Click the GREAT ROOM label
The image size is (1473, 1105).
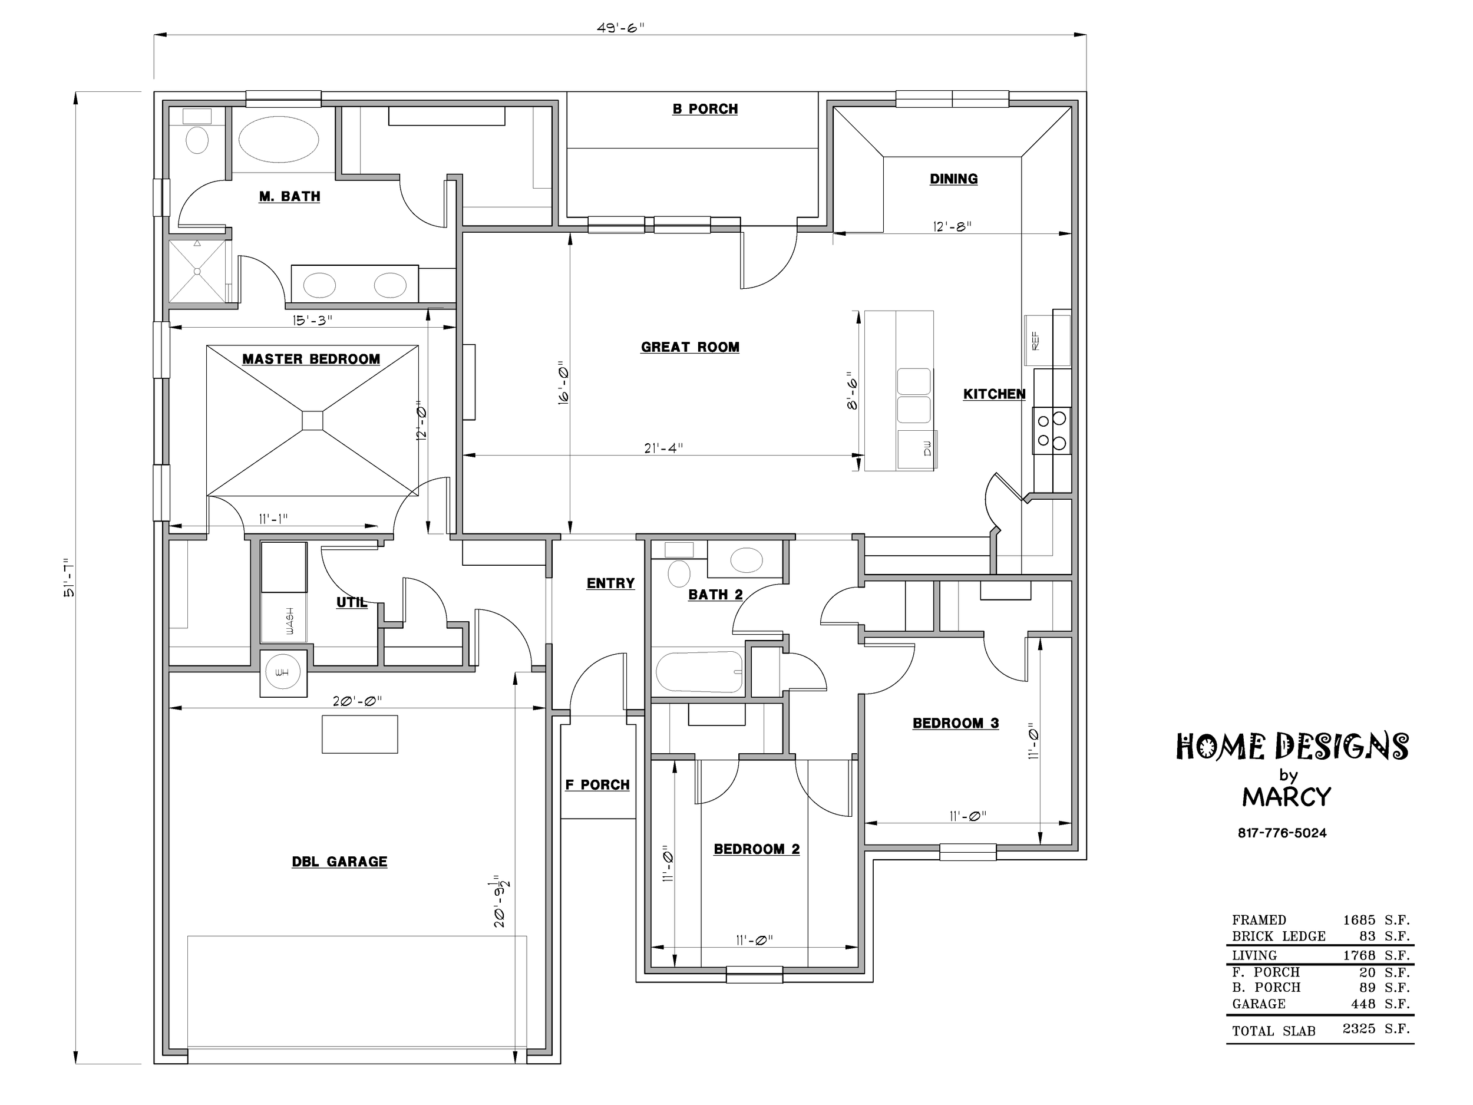tap(690, 347)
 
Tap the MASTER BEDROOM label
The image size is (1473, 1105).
tap(311, 359)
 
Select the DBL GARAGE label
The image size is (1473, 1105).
tap(339, 861)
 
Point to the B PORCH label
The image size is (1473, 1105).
tap(705, 108)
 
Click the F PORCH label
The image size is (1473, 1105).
tap(597, 784)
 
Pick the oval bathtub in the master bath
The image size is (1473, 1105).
tap(278, 140)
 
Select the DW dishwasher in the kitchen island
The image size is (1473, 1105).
tap(917, 449)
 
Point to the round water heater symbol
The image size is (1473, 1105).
tap(283, 673)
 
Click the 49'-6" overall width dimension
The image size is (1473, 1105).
tap(620, 27)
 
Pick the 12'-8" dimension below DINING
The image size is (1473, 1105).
tap(952, 226)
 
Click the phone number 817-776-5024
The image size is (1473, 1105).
tap(1282, 833)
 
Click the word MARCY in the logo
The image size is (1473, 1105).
tap(1287, 797)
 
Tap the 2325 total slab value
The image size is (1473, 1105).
tap(1359, 1028)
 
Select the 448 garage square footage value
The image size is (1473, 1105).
tap(1364, 1004)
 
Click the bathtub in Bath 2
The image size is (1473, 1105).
tap(699, 672)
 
